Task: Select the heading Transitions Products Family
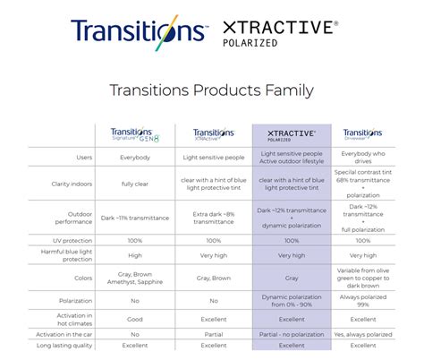(211, 90)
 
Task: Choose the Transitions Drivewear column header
(364, 134)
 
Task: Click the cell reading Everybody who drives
(364, 157)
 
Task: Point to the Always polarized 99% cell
(364, 302)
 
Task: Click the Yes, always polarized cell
(364, 333)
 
